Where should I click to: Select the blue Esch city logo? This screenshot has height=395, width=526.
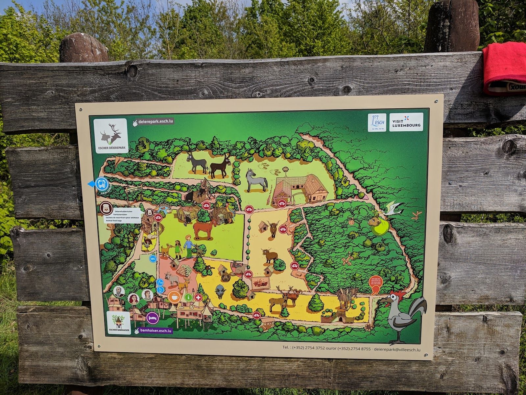[x=377, y=122]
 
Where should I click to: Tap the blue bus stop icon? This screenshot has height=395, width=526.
[x=101, y=184]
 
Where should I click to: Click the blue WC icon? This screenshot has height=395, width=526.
[x=153, y=259]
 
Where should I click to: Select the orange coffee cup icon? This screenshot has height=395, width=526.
[x=174, y=297]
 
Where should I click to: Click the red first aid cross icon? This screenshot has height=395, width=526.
[x=198, y=297]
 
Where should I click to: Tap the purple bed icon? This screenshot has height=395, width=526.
[x=153, y=318]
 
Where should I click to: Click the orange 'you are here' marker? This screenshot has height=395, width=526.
[x=374, y=288]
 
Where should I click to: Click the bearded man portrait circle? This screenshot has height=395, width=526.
[x=119, y=291]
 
